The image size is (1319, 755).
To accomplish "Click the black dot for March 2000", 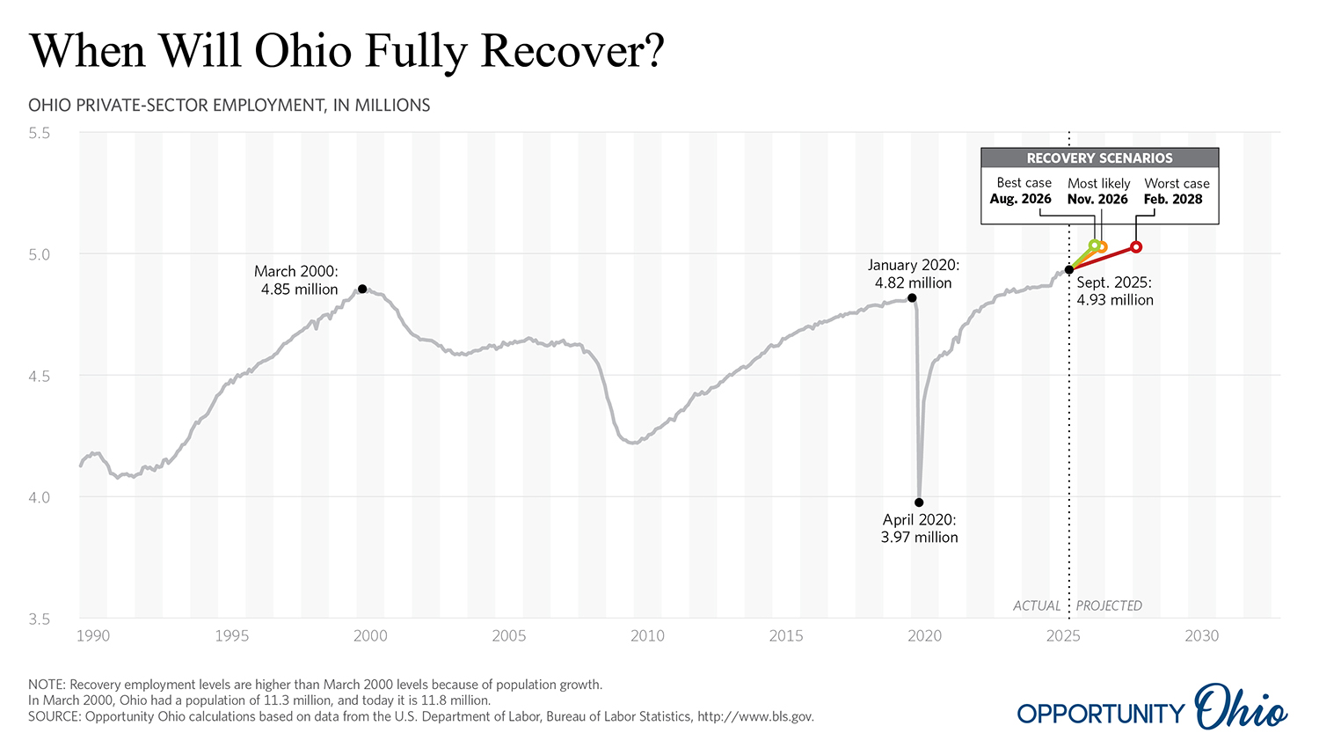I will [x=362, y=289].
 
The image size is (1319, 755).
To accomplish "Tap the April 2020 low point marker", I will [x=919, y=502].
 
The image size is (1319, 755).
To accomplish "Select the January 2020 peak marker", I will [x=912, y=298].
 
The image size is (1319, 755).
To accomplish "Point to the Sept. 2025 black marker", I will [x=1069, y=269].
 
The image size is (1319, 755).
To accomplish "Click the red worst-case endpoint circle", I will [x=1136, y=247].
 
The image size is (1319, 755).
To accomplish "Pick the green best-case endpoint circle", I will [x=1094, y=246].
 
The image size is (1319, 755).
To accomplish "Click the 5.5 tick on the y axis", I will [x=39, y=133].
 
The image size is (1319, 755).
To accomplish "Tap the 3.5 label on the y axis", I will [x=39, y=619].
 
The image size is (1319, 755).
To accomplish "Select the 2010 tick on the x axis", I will [x=647, y=636].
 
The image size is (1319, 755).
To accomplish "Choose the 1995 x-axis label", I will [x=231, y=636].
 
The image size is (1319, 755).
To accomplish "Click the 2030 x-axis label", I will [x=1201, y=636].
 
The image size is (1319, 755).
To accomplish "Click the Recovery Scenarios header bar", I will [x=1099, y=158].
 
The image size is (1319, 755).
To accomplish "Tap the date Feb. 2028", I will [x=1173, y=200].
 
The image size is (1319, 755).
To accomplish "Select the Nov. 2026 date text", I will [x=1097, y=200].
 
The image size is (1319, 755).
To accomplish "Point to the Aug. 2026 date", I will [x=1021, y=200].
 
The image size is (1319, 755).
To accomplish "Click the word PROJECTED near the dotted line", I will [x=1109, y=606].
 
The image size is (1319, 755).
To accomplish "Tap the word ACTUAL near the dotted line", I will [x=1037, y=606].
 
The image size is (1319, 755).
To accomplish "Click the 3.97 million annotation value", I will [x=919, y=538].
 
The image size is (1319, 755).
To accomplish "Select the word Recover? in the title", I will [x=572, y=51].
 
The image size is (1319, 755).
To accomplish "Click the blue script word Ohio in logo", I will [x=1241, y=707].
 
